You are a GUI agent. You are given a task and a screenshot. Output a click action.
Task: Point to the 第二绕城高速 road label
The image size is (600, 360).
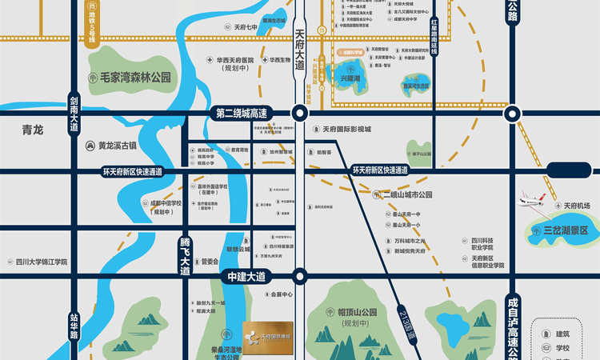point(251,113)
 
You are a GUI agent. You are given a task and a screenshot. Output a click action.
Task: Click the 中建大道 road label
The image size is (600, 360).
point(245,276)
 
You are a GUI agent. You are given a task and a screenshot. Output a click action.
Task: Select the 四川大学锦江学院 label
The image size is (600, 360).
point(42,262)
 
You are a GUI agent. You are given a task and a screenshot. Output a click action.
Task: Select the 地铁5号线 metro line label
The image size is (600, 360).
point(95,21)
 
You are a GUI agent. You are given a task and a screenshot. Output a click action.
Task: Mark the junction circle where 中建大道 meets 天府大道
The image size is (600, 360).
point(299,276)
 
